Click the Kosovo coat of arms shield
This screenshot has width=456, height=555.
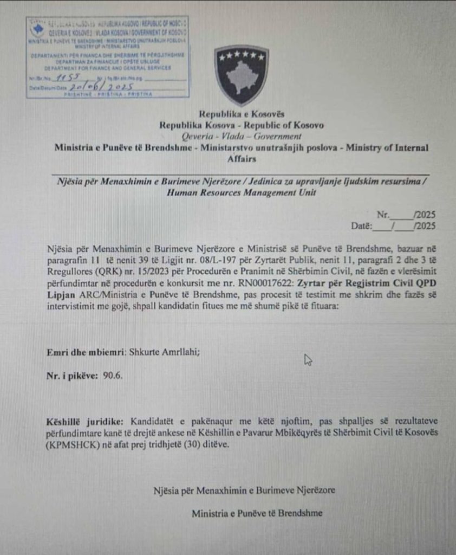[x=242, y=75]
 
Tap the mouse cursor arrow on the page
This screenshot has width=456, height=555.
[x=308, y=359]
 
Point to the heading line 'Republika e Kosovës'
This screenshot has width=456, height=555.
[x=242, y=114]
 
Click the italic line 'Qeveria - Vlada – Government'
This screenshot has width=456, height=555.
[x=242, y=136]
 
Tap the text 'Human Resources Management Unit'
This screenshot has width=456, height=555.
[x=242, y=192]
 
